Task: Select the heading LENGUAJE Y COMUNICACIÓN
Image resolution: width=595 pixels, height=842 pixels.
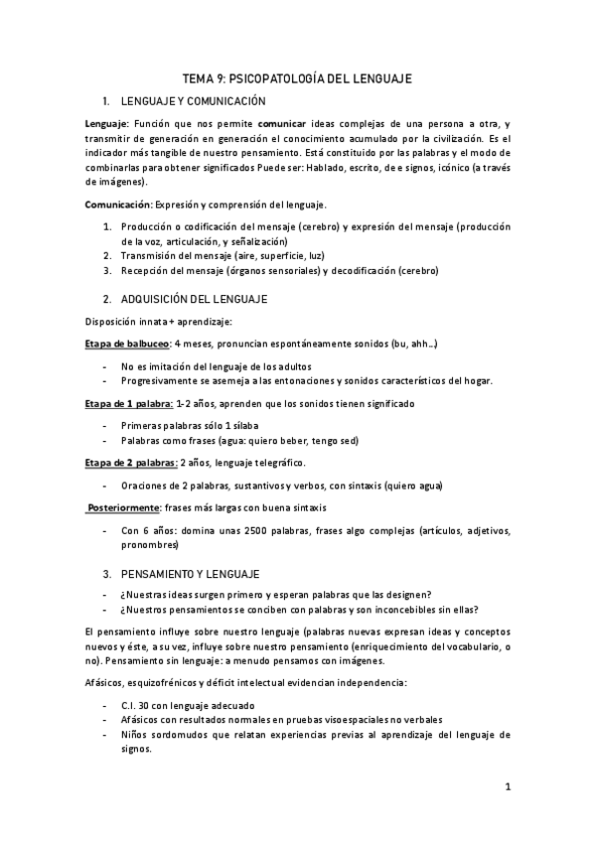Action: coord(193,101)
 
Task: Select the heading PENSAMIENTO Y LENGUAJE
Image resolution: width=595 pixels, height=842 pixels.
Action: coord(190,574)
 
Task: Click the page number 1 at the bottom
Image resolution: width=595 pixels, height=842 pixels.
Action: coord(507,788)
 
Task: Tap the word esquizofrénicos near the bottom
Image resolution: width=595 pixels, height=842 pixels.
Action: coord(175,685)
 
